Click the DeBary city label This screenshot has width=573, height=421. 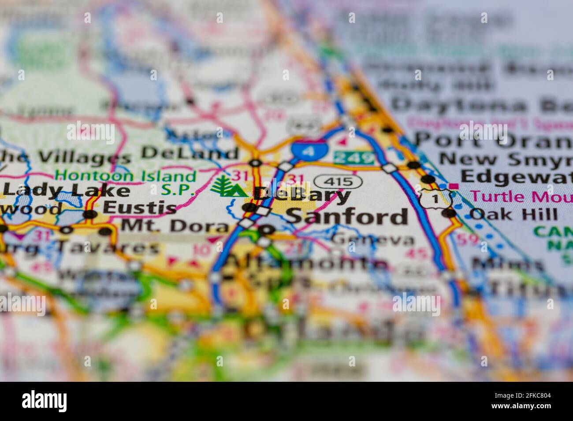click(x=304, y=195)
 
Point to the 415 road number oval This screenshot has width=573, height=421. click(x=339, y=181)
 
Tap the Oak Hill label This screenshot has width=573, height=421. click(x=513, y=214)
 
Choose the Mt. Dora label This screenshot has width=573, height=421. click(x=175, y=226)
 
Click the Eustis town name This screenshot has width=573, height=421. click(x=139, y=207)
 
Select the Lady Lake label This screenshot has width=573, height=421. click(x=66, y=191)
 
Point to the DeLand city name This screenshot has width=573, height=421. click(x=190, y=153)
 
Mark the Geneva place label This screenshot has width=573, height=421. click(x=373, y=240)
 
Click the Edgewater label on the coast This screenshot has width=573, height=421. click(x=516, y=176)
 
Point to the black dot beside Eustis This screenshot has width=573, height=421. click(x=90, y=214)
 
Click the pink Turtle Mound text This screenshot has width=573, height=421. click(x=520, y=196)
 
